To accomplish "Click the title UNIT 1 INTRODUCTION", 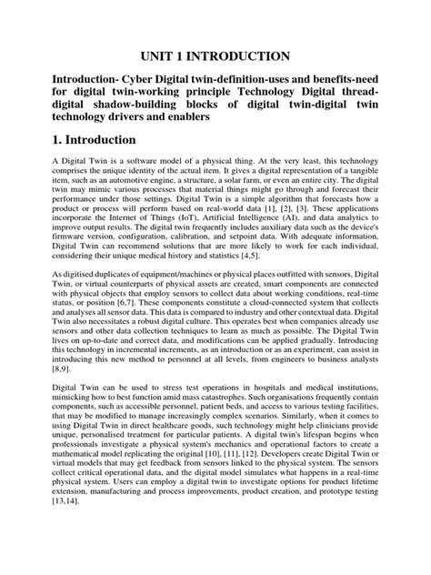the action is coord(215,55).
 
